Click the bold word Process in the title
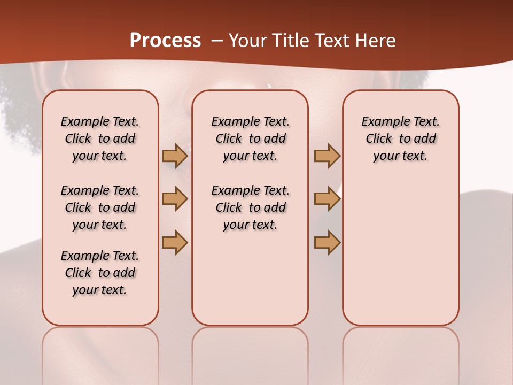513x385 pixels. pos(165,41)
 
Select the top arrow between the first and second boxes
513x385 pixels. pos(174,156)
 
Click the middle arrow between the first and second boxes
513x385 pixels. pos(174,199)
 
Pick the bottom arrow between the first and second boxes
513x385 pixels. pos(174,242)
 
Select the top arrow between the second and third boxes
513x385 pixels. pos(327,156)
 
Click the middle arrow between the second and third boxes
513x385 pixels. pos(327,199)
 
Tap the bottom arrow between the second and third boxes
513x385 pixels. pos(327,242)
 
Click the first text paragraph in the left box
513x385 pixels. pos(100,138)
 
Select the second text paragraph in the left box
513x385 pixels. pos(100,207)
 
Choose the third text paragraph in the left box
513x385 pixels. pos(100,273)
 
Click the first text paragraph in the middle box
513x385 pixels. pos(250,138)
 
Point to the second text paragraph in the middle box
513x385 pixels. pos(250,207)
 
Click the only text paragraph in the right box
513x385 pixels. pos(400,138)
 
